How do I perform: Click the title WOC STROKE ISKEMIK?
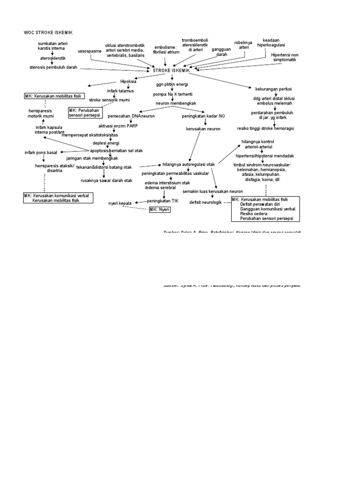[48, 32]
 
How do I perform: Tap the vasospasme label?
[89, 52]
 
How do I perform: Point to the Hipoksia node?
[128, 81]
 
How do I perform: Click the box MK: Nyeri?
[159, 210]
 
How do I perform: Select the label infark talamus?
[120, 90]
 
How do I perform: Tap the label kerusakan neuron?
[202, 128]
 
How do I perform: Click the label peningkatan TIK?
[163, 200]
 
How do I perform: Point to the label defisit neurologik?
[205, 202]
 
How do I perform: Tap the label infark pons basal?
[41, 152]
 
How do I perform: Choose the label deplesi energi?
[106, 142]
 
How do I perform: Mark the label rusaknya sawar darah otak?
[106, 180]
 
